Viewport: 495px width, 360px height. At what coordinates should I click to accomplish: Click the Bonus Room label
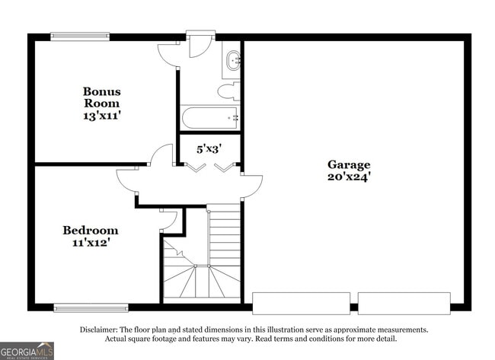(x=101, y=97)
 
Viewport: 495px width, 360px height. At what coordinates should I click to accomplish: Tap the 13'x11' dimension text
(x=101, y=116)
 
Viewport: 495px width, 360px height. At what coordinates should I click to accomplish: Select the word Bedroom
(x=90, y=230)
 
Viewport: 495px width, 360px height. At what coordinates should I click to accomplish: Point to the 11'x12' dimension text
(x=90, y=244)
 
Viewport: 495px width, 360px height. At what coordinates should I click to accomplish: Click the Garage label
(x=349, y=164)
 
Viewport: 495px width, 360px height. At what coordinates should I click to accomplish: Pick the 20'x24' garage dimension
(x=349, y=177)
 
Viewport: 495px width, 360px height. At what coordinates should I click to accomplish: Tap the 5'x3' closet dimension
(x=209, y=149)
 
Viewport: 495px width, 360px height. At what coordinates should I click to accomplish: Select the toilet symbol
(x=228, y=92)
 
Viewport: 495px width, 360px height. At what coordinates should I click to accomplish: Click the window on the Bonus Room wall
(x=80, y=36)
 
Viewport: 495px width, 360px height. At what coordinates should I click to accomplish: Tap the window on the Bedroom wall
(x=91, y=307)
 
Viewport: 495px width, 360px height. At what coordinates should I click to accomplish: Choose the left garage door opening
(x=301, y=303)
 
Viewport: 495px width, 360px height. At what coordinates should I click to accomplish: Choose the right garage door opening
(x=404, y=303)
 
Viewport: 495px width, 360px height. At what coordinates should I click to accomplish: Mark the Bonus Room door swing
(x=161, y=156)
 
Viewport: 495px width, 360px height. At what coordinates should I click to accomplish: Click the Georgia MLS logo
(x=27, y=350)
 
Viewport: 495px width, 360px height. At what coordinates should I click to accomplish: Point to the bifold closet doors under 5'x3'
(x=210, y=167)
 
